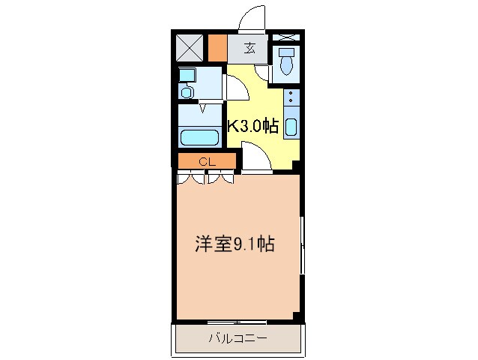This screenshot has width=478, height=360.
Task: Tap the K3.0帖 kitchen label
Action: [x=252, y=126]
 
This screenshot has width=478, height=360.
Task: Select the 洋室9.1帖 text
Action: [x=235, y=244]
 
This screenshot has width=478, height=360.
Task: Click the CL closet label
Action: [x=208, y=161]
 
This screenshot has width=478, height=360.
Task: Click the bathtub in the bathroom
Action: [x=200, y=138]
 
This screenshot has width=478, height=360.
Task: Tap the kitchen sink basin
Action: [x=291, y=127]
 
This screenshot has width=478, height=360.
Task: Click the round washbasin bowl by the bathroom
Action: [x=187, y=92]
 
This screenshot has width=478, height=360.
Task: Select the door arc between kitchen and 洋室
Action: [x=253, y=157]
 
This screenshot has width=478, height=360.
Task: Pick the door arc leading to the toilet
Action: [x=263, y=71]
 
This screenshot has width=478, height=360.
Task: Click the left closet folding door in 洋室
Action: [x=191, y=178]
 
